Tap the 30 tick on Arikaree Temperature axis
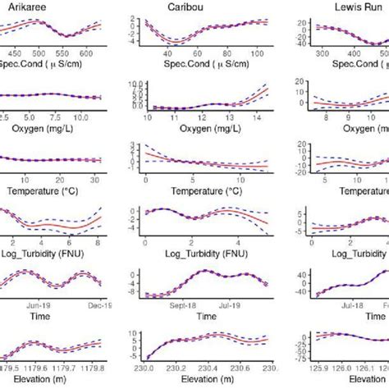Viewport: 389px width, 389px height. pos(95,180)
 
